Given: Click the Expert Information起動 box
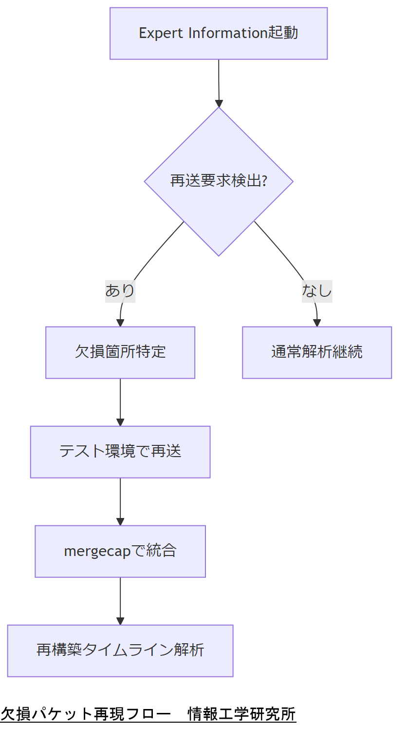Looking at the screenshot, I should click(x=218, y=33).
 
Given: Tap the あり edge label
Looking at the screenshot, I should click(x=120, y=290).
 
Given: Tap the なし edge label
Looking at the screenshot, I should click(x=317, y=290).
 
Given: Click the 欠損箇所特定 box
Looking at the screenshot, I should click(x=120, y=352).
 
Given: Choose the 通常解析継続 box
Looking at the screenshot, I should click(x=317, y=352).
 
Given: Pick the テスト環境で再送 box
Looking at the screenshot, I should click(x=120, y=452).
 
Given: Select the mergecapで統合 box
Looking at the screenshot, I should click(x=120, y=551).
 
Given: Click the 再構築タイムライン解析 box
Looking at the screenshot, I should click(x=120, y=651).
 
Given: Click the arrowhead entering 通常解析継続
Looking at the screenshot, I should click(x=317, y=323).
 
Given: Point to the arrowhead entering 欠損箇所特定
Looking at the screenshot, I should click(x=120, y=323).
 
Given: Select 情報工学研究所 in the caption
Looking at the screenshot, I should click(x=242, y=714).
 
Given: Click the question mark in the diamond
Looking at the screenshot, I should click(x=264, y=181).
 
